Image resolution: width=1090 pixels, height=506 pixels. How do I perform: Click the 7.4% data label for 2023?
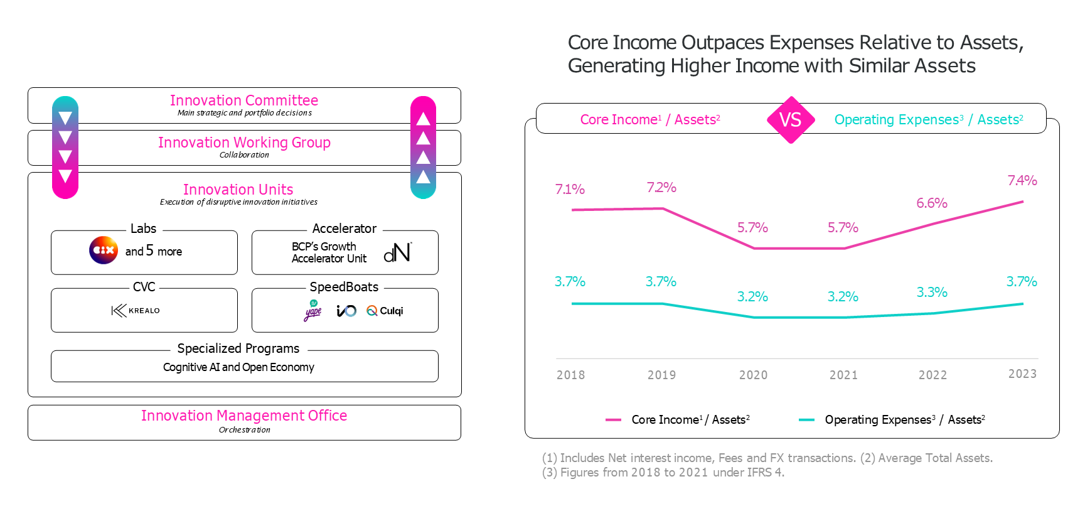tap(1022, 181)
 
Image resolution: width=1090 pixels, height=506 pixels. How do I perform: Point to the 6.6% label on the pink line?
tap(931, 203)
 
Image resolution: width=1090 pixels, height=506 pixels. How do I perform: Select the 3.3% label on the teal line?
tap(931, 293)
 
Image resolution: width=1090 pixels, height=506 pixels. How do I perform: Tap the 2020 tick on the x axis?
tap(753, 375)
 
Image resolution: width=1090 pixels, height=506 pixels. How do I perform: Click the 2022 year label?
tap(932, 375)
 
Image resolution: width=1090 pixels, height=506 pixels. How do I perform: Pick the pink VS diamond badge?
tap(791, 120)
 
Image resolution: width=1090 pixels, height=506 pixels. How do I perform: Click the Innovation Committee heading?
tap(243, 100)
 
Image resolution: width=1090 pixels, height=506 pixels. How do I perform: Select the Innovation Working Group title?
tap(244, 143)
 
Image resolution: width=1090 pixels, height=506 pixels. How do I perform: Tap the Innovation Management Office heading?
tap(244, 416)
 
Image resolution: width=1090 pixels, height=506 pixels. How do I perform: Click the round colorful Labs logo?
tap(104, 250)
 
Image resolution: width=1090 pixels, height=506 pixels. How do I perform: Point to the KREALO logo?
tap(136, 310)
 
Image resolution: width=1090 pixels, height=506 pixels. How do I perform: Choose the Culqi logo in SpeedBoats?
tap(385, 311)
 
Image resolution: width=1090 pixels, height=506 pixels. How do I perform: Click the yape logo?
tap(313, 311)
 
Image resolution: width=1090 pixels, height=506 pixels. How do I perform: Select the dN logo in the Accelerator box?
tap(397, 252)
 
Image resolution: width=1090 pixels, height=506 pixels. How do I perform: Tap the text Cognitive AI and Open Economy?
tap(238, 367)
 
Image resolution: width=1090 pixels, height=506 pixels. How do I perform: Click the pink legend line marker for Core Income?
tap(613, 420)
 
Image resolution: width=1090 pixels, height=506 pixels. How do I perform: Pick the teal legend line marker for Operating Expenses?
tap(806, 420)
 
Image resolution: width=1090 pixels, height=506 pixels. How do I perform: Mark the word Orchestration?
tap(244, 430)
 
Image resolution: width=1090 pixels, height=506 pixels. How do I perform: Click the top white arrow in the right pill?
tap(423, 118)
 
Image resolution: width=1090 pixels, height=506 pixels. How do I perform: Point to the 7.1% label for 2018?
tap(570, 190)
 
